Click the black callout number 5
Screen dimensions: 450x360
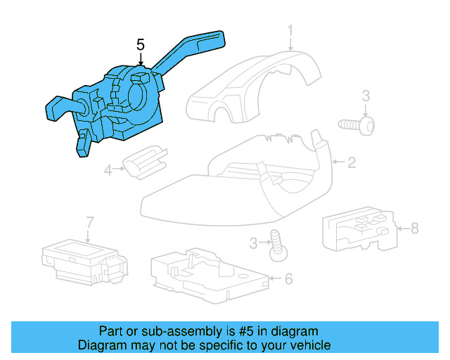pos(141,45)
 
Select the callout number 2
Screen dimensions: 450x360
pos(352,162)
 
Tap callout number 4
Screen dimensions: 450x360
pos(108,171)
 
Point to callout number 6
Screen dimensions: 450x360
pos(288,278)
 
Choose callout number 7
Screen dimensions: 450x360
pos(90,222)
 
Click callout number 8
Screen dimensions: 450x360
pos(415,229)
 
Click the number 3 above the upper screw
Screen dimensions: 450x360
pos(366,96)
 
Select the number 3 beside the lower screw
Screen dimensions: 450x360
pos(253,243)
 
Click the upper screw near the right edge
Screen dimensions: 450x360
pos(356,125)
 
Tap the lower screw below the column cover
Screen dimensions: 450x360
pos(278,245)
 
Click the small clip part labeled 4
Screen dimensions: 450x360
pos(146,162)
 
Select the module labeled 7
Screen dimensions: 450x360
pos(84,262)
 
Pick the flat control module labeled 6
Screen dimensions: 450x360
pos(210,276)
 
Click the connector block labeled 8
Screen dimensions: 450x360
pos(361,229)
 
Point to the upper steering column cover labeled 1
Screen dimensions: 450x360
pos(254,87)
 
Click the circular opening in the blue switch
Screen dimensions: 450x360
pos(138,96)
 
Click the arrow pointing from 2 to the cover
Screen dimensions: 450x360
pos(339,162)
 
